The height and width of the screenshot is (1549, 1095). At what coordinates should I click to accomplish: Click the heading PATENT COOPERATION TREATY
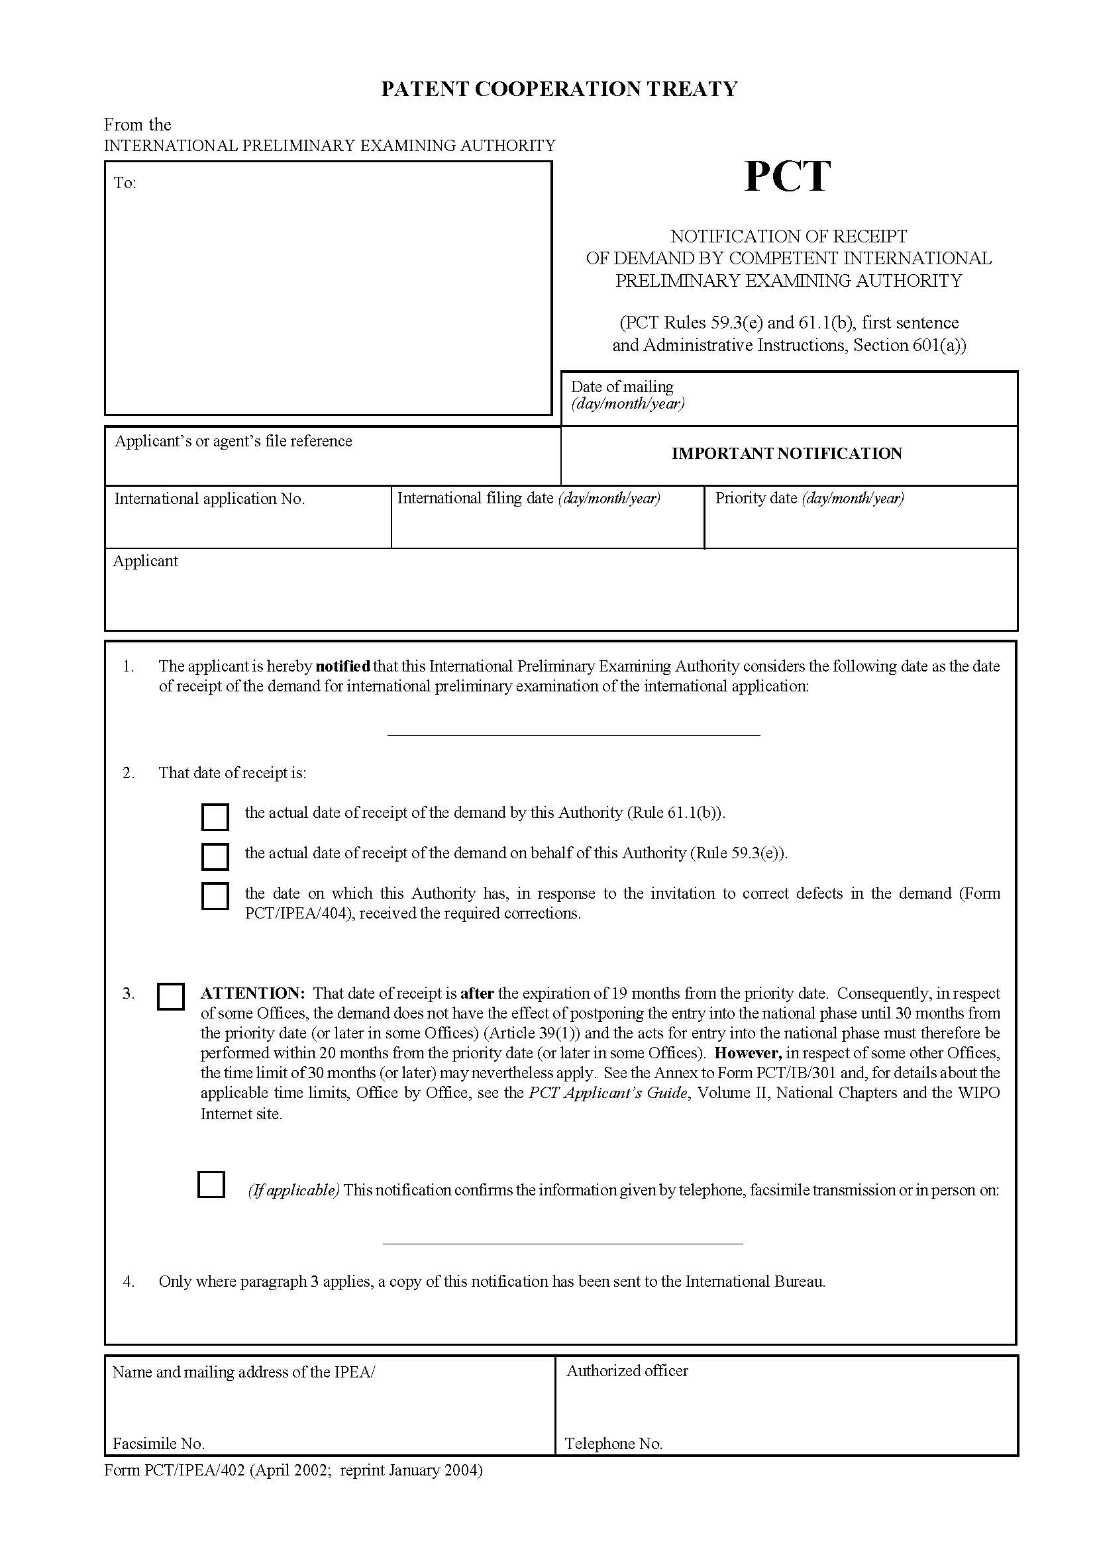(x=559, y=89)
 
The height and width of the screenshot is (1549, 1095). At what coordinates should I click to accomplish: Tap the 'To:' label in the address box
(x=125, y=183)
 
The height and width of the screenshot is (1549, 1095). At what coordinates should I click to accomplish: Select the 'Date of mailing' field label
(x=622, y=387)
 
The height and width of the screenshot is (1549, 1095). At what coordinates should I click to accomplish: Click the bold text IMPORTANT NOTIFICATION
(x=787, y=454)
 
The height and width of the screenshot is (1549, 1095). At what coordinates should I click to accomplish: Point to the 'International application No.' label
(x=209, y=499)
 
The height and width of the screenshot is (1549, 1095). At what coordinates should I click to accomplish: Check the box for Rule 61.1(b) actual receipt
(x=215, y=817)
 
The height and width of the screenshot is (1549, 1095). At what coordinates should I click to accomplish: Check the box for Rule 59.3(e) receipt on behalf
(x=215, y=856)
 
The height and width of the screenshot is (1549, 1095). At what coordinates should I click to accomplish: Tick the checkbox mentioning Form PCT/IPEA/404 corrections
(x=215, y=896)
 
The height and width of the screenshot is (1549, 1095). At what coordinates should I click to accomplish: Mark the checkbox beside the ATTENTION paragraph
(x=171, y=997)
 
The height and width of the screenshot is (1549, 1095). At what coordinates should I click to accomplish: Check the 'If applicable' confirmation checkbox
(x=211, y=1184)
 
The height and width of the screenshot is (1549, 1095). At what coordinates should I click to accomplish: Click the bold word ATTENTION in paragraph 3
(x=253, y=993)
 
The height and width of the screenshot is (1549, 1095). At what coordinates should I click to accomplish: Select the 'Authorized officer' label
(x=627, y=1370)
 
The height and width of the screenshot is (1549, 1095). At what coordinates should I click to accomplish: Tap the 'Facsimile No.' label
(x=158, y=1443)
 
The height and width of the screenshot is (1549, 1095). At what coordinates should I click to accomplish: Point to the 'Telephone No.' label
(x=613, y=1443)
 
